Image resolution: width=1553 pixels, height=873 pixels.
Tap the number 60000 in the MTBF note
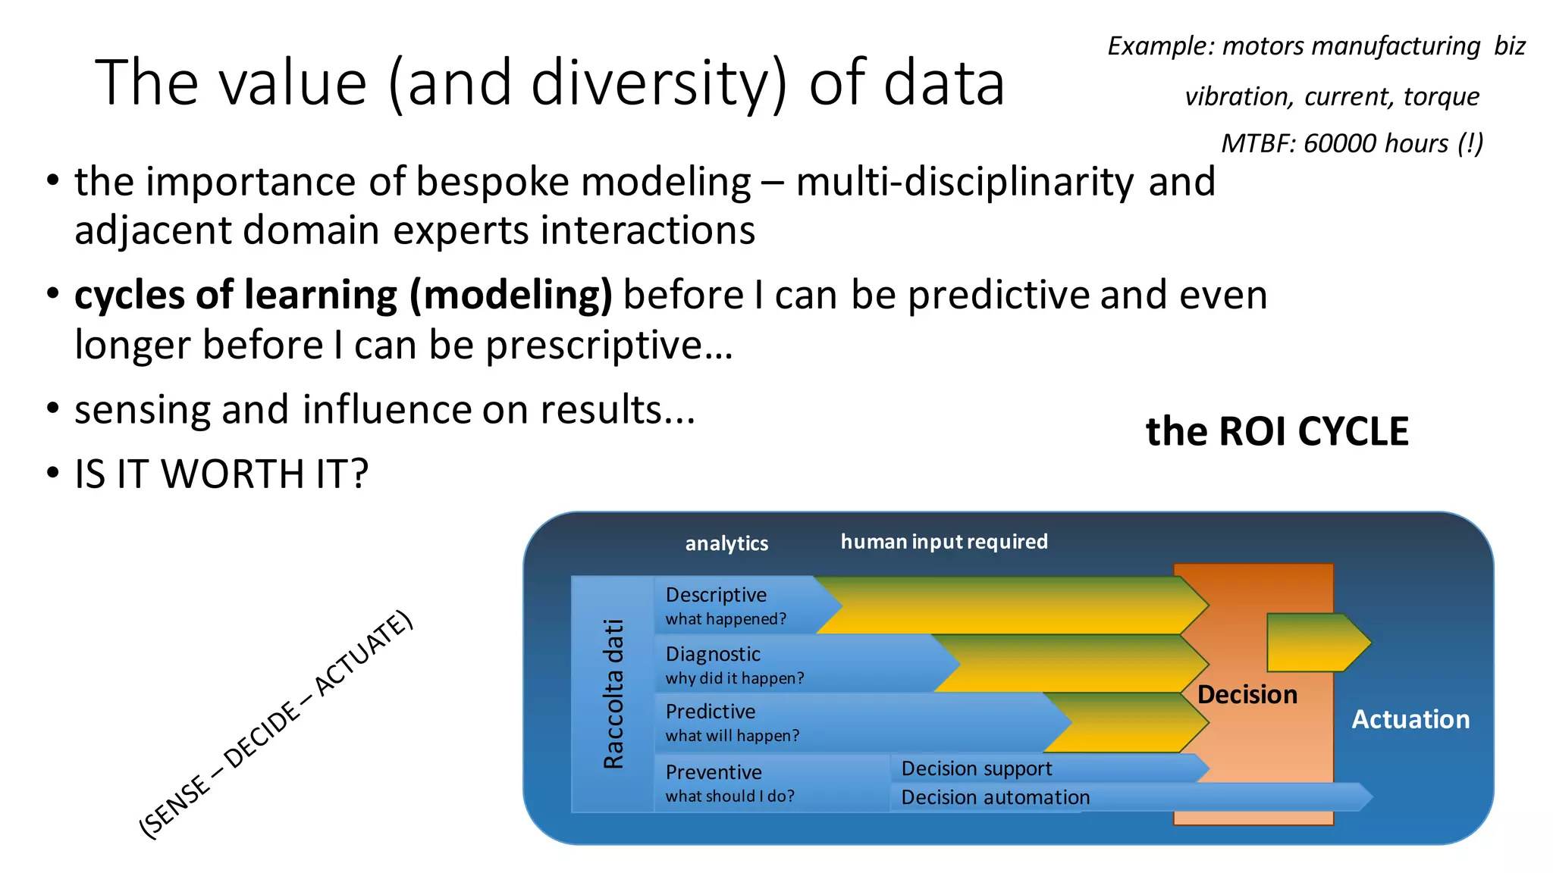[x=1339, y=143]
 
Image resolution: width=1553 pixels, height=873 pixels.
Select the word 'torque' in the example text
[x=1441, y=96]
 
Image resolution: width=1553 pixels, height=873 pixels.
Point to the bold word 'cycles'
[x=130, y=296]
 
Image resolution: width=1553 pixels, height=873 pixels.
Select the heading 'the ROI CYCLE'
[x=1277, y=432]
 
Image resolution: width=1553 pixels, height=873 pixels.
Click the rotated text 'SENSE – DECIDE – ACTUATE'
[x=276, y=724]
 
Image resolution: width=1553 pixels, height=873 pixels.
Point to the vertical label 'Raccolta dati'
[x=613, y=693]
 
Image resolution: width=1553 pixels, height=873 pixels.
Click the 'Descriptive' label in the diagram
[x=716, y=595]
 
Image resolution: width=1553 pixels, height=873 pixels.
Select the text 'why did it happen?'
[x=734, y=678]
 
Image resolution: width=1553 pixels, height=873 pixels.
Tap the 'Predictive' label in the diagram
[x=711, y=712]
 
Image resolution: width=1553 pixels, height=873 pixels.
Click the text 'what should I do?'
[x=729, y=796]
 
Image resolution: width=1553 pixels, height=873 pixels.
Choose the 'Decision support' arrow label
[x=976, y=768]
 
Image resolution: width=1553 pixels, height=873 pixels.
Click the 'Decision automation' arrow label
[x=995, y=797]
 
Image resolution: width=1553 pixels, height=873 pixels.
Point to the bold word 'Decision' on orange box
[x=1247, y=695]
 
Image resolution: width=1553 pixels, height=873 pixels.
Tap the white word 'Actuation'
[x=1410, y=719]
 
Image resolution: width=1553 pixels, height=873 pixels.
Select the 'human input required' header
[x=944, y=542]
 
